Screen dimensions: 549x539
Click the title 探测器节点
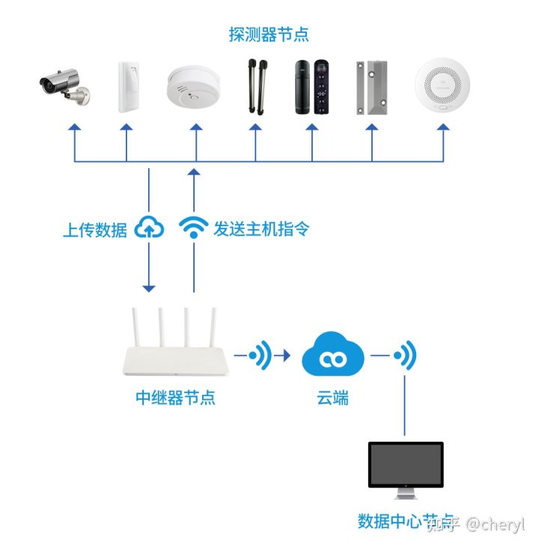pyautogui.click(x=269, y=34)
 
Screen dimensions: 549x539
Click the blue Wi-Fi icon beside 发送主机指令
pyautogui.click(x=194, y=227)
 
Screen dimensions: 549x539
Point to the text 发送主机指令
pyautogui.click(x=261, y=228)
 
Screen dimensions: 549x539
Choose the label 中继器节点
pyautogui.click(x=175, y=398)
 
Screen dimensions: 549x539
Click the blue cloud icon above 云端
pyautogui.click(x=332, y=359)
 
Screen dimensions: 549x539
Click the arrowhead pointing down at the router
pyautogui.click(x=149, y=287)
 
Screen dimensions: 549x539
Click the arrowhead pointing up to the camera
pyautogui.click(x=73, y=129)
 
